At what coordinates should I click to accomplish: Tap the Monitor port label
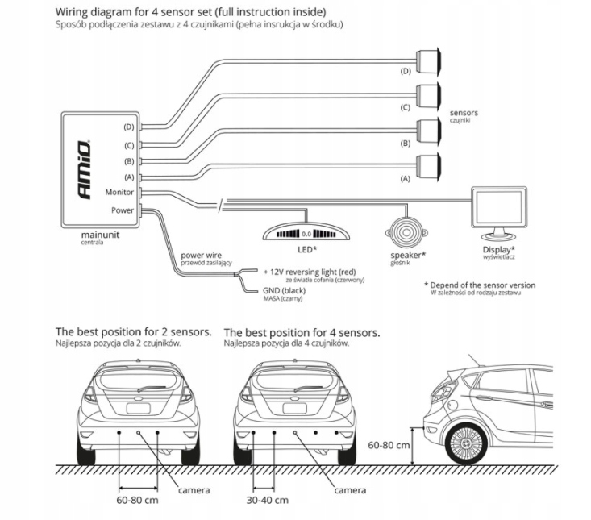tap(119, 193)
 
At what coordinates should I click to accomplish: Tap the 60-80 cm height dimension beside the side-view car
tap(389, 444)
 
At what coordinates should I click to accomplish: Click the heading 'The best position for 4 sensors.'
tap(302, 331)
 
